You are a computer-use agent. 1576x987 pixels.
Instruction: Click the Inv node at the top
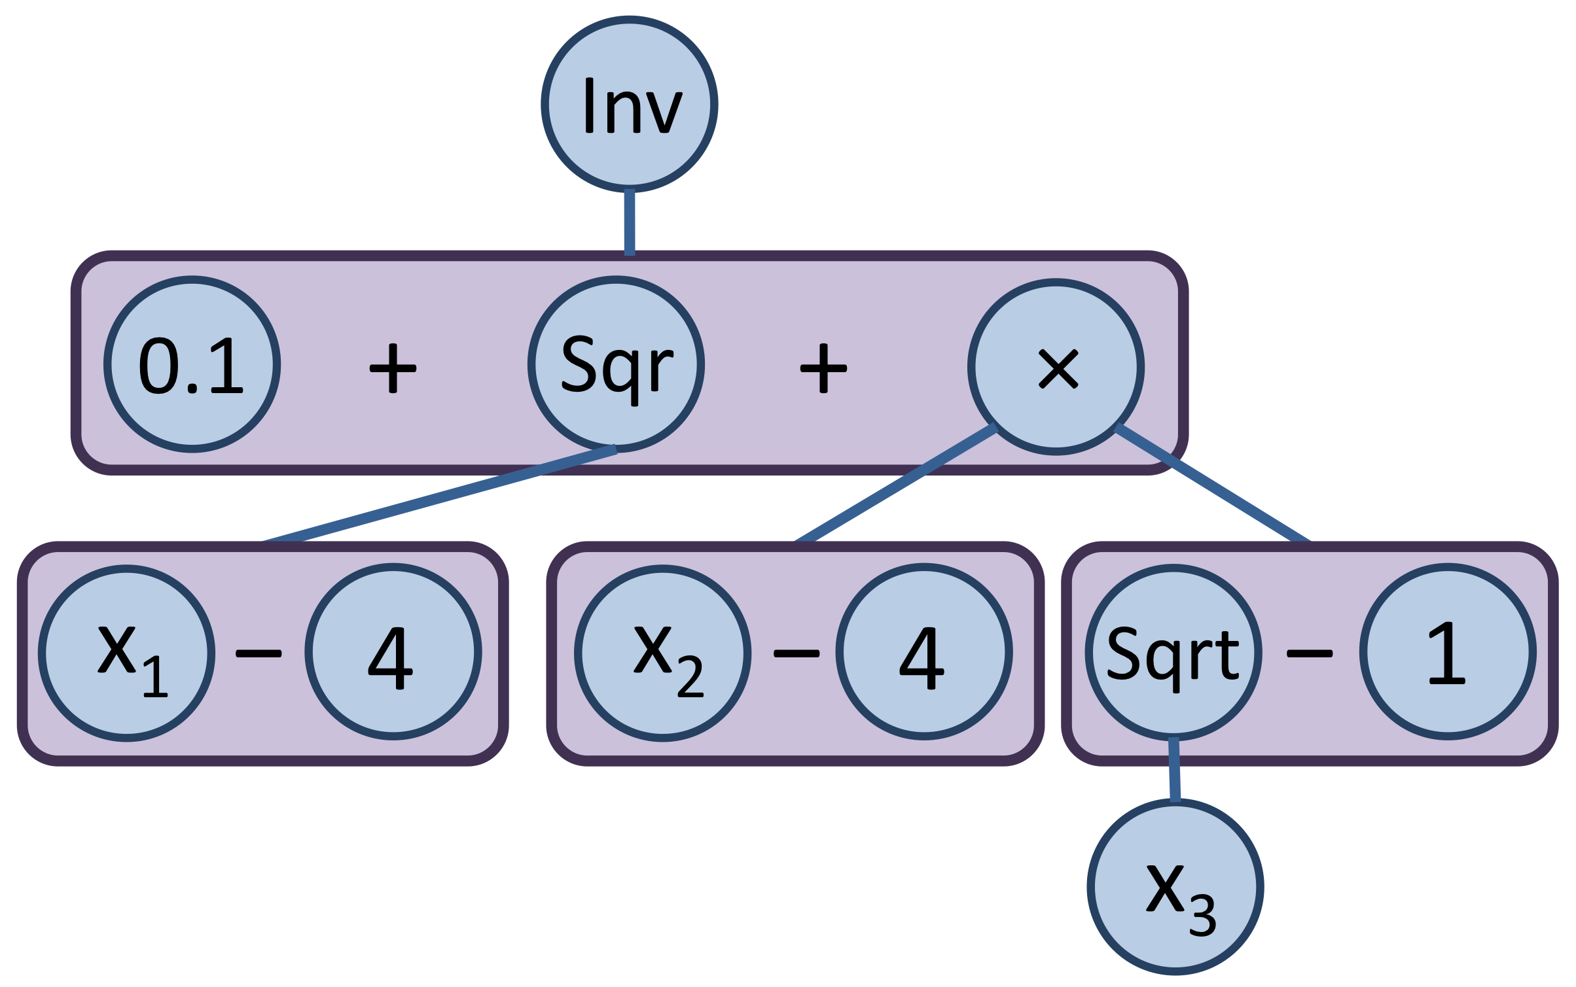(629, 105)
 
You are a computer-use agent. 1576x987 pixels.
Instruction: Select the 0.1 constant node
(192, 364)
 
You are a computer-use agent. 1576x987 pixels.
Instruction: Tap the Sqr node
(616, 364)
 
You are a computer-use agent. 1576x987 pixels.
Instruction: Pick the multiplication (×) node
(1056, 367)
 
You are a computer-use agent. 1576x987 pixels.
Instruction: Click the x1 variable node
(126, 653)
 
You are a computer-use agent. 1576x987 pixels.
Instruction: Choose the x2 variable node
(662, 653)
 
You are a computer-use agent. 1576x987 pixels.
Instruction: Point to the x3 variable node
(1175, 886)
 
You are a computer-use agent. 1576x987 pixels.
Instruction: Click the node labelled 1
(1447, 651)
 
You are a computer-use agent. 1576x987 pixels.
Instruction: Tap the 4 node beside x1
(393, 651)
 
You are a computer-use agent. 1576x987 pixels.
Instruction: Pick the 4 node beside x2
(923, 651)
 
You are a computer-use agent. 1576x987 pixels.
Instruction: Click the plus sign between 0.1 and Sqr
(393, 368)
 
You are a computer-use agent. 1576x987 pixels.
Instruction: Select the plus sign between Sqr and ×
(823, 368)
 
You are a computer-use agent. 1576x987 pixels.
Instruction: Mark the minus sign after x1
(259, 653)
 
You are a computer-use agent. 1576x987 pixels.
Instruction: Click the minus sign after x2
(796, 653)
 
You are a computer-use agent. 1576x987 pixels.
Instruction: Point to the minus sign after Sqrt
(1309, 653)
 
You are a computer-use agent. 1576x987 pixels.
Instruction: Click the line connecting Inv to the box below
(629, 222)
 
